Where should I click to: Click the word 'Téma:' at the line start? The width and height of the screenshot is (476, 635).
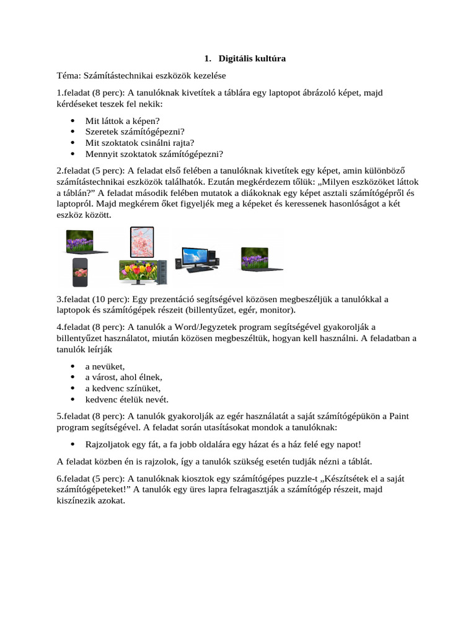coord(69,76)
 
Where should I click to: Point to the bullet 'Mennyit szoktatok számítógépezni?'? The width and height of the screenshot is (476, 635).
coord(154,154)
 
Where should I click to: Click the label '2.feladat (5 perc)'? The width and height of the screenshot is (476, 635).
coord(90,171)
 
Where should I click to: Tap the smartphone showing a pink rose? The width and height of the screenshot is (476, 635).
coord(80,272)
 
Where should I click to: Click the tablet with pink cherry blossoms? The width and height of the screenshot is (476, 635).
coord(141,242)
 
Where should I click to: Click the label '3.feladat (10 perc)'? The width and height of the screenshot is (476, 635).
coord(93,300)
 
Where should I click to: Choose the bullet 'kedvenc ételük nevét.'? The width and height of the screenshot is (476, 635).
coord(126,399)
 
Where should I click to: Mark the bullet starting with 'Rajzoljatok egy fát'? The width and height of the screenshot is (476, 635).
coord(223,444)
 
